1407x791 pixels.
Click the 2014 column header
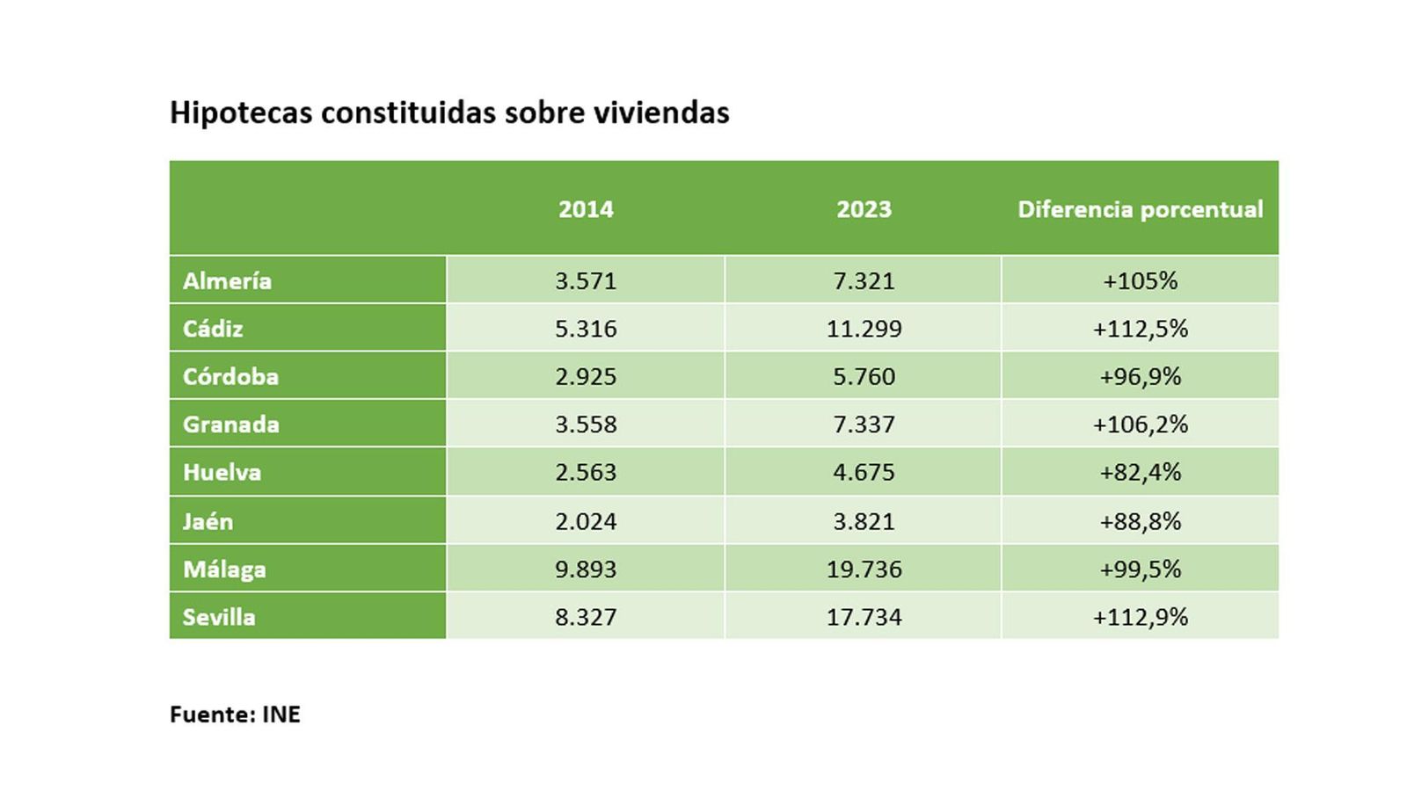pos(586,209)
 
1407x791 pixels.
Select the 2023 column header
pos(864,209)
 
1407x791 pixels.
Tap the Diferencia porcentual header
pos(1140,209)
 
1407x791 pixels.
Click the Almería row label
pos(227,281)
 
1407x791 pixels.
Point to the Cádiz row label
pos(213,329)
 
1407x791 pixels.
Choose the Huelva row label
pos(222,473)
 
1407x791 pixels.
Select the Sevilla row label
pos(219,617)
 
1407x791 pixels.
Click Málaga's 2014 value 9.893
pos(586,570)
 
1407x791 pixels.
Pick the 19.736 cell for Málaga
pos(864,570)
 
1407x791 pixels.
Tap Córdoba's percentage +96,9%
pos(1140,377)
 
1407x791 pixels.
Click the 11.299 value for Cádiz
pos(864,329)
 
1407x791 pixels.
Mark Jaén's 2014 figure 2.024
pos(586,521)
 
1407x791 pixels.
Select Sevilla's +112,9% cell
pos(1140,617)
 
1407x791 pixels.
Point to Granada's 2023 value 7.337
pos(864,425)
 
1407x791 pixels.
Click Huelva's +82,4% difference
pos(1140,473)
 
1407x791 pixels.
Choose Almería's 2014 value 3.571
pos(586,281)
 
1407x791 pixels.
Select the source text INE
pos(281,715)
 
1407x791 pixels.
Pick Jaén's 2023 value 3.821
pos(864,521)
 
